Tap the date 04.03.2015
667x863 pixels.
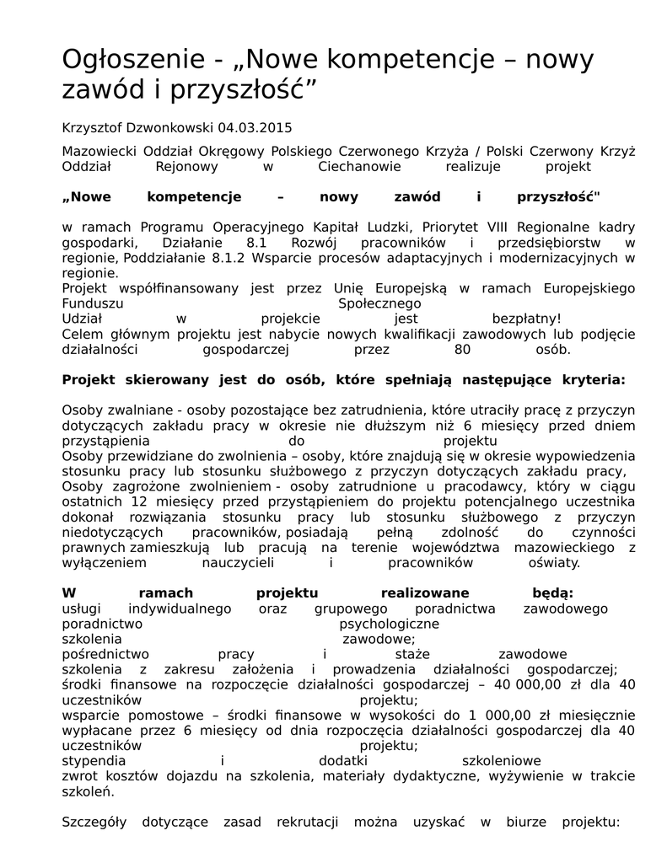[254, 128]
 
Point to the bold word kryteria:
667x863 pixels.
[594, 379]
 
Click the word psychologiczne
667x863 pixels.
[389, 624]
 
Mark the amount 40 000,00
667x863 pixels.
[530, 684]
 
